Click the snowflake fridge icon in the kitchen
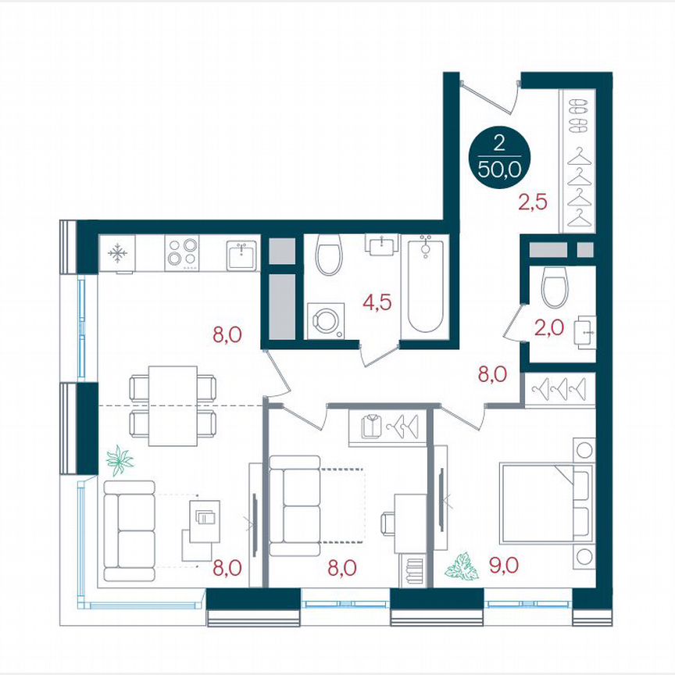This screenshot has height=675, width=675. pyautogui.click(x=117, y=253)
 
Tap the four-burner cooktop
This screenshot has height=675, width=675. pyautogui.click(x=181, y=253)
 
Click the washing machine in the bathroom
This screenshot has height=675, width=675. pyautogui.click(x=323, y=321)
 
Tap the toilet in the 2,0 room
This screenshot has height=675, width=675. pyautogui.click(x=556, y=287)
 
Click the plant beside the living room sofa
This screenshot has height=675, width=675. pyautogui.click(x=120, y=460)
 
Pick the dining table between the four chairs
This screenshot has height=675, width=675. pyautogui.click(x=172, y=405)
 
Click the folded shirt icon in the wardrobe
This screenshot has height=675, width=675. pyautogui.click(x=371, y=427)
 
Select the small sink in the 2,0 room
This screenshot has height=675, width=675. pyautogui.click(x=584, y=332)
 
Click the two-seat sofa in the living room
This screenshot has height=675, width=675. pyautogui.click(x=130, y=530)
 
